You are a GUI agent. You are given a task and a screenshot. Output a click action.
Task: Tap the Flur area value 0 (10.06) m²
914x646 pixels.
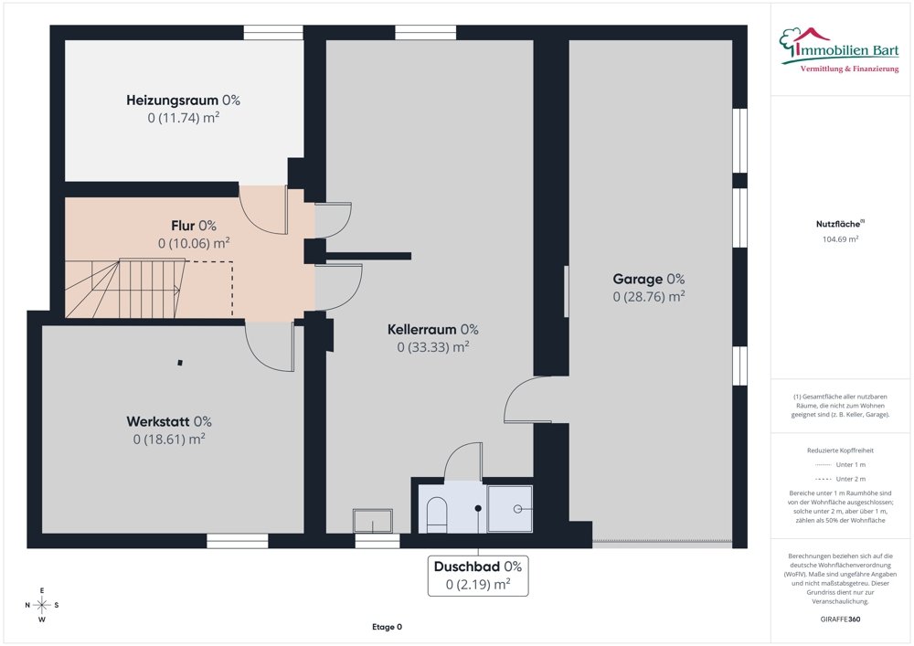[194, 243]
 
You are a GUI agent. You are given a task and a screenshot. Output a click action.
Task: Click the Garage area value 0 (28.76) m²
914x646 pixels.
[648, 296]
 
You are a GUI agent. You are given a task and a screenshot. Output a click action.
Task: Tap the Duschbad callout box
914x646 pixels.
[478, 576]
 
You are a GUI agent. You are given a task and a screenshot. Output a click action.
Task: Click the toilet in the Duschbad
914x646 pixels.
[437, 514]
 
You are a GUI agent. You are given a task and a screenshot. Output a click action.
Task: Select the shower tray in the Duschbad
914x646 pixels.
[509, 509]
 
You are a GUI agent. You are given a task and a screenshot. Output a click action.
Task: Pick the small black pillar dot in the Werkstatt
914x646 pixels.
[180, 363]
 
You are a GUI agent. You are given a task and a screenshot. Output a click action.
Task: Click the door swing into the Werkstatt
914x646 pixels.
[270, 346]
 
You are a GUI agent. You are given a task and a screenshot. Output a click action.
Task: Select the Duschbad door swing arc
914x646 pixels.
[463, 461]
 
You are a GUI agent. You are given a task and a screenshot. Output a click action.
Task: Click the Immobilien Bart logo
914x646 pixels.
[839, 50]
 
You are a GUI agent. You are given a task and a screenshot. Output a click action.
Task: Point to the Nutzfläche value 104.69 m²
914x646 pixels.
[840, 238]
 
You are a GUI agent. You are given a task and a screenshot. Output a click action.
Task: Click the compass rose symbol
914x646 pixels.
[42, 605]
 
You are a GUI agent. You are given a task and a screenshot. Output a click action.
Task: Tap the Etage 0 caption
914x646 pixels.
[387, 627]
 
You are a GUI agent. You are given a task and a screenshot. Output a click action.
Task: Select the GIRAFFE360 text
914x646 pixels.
[840, 620]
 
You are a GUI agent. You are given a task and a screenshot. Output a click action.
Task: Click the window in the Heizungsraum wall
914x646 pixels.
[273, 33]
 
